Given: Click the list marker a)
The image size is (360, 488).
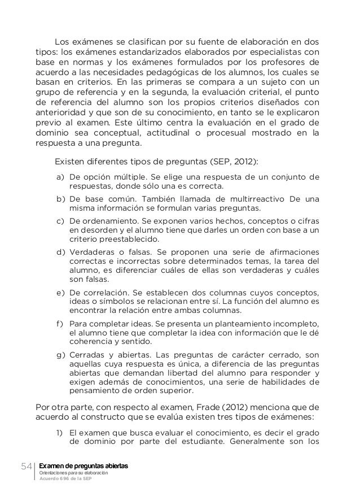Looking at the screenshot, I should (60, 177).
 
